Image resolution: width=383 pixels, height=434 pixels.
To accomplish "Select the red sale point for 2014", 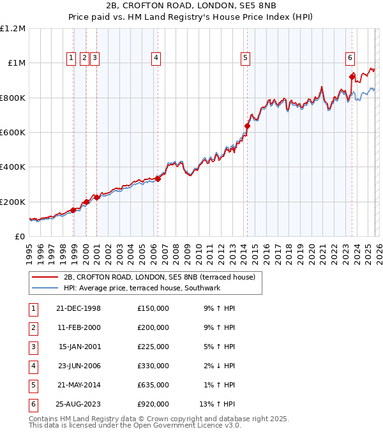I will (x=247, y=126).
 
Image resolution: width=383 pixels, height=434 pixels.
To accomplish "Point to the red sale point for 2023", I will (x=352, y=77).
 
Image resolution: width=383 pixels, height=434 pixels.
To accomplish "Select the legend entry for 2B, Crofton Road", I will (x=159, y=277).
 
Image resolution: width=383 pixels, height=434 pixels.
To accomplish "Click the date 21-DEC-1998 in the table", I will (x=79, y=308).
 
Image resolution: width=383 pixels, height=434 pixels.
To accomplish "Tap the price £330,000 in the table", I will (x=153, y=366).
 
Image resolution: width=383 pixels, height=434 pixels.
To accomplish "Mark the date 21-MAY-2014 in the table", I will (x=79, y=385).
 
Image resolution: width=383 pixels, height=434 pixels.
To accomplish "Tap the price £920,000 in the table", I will (x=153, y=404).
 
